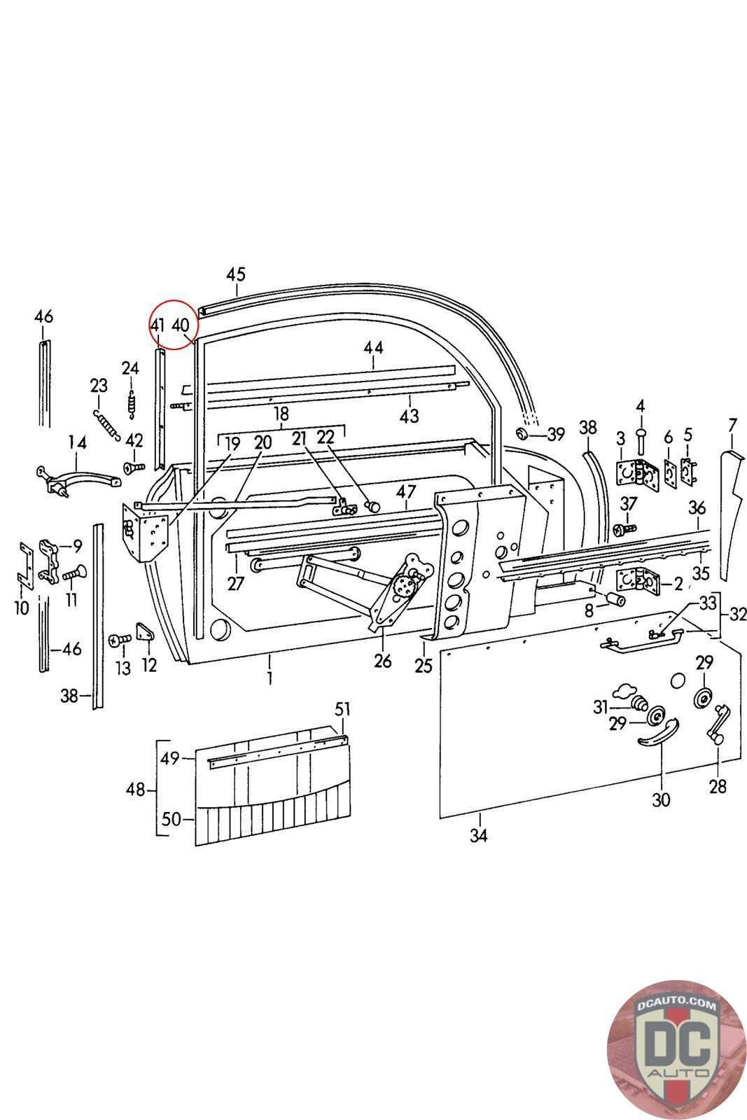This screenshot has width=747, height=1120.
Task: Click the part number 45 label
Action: coord(236,274)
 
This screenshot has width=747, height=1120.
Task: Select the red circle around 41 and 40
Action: coord(174,325)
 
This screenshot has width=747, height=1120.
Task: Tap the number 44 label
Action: coord(374,347)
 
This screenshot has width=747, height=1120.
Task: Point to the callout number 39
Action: coord(555,435)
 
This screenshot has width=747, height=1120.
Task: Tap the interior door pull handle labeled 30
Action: coord(658,732)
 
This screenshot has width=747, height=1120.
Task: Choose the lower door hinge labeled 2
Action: coord(638,580)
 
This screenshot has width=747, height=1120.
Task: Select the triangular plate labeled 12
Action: coord(144,631)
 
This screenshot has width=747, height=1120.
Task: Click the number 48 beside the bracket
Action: coord(136,790)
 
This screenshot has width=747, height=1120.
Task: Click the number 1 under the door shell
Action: coord(270,678)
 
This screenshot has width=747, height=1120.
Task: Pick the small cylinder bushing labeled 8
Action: coord(615,598)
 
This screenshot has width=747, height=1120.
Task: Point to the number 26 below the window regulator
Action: coord(382,661)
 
